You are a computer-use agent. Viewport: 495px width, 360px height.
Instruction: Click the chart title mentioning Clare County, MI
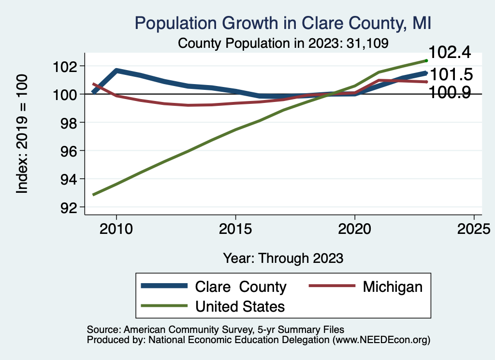tap(283, 23)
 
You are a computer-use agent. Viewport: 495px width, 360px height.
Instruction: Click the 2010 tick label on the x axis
tap(116, 229)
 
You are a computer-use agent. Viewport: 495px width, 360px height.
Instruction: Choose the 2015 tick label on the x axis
tap(235, 229)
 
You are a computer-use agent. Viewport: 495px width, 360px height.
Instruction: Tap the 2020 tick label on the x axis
tap(354, 229)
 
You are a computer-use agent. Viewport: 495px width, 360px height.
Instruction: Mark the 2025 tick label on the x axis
tap(474, 229)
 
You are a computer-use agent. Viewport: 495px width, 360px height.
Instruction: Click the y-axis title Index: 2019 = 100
tap(22, 134)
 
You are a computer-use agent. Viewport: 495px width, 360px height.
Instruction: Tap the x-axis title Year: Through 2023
tap(283, 258)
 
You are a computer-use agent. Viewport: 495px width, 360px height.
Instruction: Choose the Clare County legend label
tap(240, 287)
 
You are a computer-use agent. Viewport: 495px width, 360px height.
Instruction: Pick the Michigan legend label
tap(393, 287)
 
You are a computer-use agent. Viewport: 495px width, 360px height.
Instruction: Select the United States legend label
tap(240, 306)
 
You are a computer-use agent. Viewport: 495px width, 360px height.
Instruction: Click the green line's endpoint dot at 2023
tap(426, 60)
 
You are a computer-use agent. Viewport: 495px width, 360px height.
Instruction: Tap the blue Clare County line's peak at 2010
tap(116, 71)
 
